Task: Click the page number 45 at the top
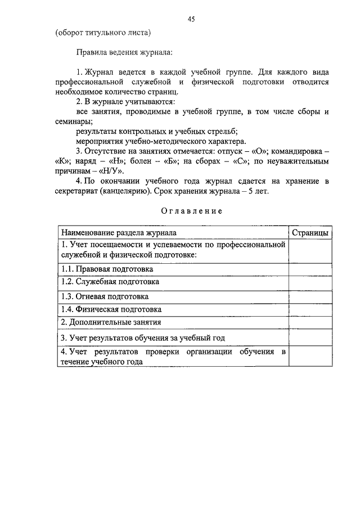coord(191,19)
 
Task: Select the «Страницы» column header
coord(310,233)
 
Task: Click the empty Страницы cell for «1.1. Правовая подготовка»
coord(310,269)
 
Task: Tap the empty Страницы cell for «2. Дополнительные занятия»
coord(310,322)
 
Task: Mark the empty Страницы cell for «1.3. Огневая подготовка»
coord(310,296)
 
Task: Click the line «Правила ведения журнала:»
coord(125,52)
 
